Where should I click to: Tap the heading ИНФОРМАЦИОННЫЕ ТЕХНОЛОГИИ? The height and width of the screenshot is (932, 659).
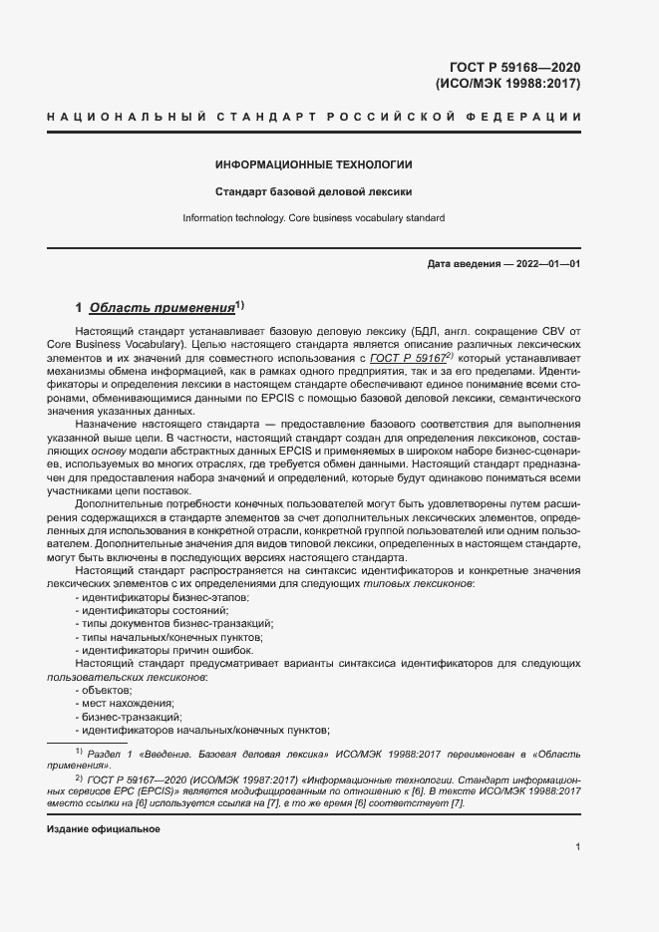click(314, 164)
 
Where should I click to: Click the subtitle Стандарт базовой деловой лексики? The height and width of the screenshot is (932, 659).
click(314, 191)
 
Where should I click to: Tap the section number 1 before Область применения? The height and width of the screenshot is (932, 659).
click(80, 308)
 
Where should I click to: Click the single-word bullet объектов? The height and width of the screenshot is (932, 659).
click(107, 690)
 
